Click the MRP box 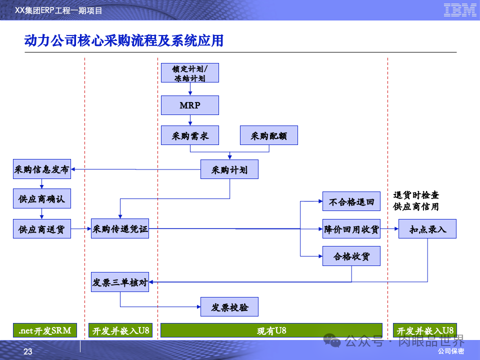[189, 105]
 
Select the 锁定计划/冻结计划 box [189, 73]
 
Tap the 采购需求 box [189, 135]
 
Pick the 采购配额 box [269, 135]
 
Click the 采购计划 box [229, 169]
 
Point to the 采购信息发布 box [42, 169]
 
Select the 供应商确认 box [42, 199]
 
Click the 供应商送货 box [42, 229]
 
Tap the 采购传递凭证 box [120, 229]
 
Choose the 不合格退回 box [351, 202]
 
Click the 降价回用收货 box [351, 229]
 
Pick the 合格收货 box [351, 256]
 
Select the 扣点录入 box [427, 229]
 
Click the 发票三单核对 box [120, 282]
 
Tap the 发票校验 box [229, 306]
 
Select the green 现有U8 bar [272, 330]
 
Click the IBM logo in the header [460, 10]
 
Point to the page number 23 [28, 352]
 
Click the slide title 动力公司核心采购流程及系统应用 [124, 40]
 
